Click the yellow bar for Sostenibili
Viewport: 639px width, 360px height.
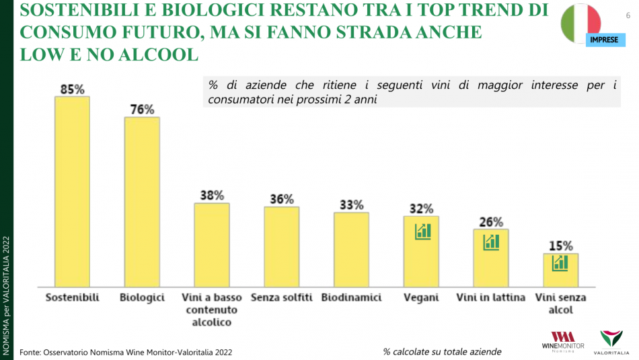tap(72, 191)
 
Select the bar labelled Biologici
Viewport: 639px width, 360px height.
tap(142, 201)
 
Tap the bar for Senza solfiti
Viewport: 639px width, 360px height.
tap(281, 246)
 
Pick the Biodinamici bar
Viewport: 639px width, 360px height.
tap(351, 249)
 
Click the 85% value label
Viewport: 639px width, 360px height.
tap(72, 89)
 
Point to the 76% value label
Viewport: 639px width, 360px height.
tap(142, 110)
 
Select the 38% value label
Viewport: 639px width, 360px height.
tap(212, 195)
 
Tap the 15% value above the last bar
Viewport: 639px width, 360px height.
tap(560, 246)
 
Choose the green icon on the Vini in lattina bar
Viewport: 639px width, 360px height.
tap(491, 242)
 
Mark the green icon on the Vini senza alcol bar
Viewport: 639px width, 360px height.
tap(560, 262)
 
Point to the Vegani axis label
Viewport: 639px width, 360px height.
tap(421, 297)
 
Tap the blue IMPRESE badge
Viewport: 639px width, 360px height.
tap(603, 40)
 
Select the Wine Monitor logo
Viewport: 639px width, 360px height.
tap(562, 341)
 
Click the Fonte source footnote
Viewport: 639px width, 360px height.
tap(127, 352)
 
